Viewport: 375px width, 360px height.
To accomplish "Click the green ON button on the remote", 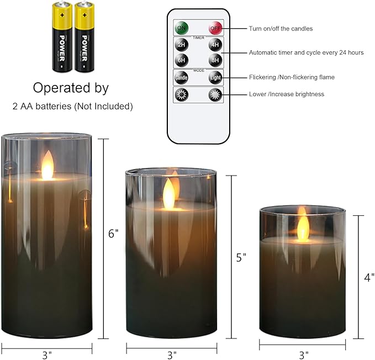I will [x=181, y=28].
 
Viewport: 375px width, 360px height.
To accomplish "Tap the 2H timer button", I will [x=181, y=45].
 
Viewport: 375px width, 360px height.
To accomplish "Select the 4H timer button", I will [x=215, y=45].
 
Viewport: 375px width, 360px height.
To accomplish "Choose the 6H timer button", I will [x=181, y=60].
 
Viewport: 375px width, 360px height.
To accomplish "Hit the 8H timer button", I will [x=215, y=60].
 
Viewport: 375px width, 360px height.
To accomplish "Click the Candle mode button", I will [x=181, y=77].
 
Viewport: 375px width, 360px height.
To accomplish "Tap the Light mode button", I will [x=215, y=77].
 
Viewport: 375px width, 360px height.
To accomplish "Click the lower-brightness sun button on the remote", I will [x=181, y=94].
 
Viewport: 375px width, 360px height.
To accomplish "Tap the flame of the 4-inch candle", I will [x=303, y=226].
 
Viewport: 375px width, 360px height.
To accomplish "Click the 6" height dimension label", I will [x=113, y=234].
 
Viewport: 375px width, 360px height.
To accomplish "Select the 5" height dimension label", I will [x=240, y=257].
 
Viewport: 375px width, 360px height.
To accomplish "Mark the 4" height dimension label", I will [x=369, y=279].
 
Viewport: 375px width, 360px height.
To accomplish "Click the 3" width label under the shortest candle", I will [x=303, y=354].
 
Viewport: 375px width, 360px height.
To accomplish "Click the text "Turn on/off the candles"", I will [x=281, y=28].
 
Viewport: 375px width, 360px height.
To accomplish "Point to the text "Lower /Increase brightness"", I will [x=287, y=94].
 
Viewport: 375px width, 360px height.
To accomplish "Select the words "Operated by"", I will [x=71, y=88].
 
